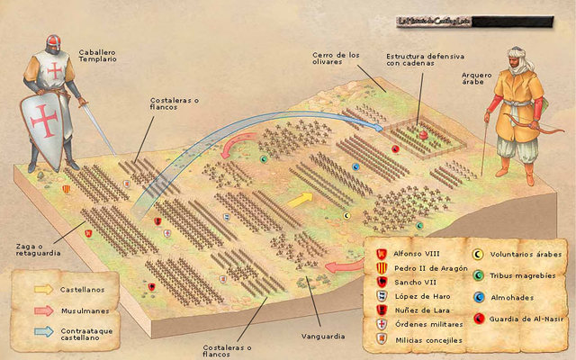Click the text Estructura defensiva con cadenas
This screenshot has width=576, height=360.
pyautogui.click(x=418, y=59)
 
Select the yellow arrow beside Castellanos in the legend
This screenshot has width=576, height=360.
pyautogui.click(x=43, y=289)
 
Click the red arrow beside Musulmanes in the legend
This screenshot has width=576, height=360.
pyautogui.click(x=43, y=310)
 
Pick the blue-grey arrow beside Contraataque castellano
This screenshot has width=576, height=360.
pyautogui.click(x=43, y=331)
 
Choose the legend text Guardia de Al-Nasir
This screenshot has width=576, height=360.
pyautogui.click(x=524, y=318)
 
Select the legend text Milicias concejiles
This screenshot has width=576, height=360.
pyautogui.click(x=427, y=340)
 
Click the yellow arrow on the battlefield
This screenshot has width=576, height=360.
pyautogui.click(x=300, y=198)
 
